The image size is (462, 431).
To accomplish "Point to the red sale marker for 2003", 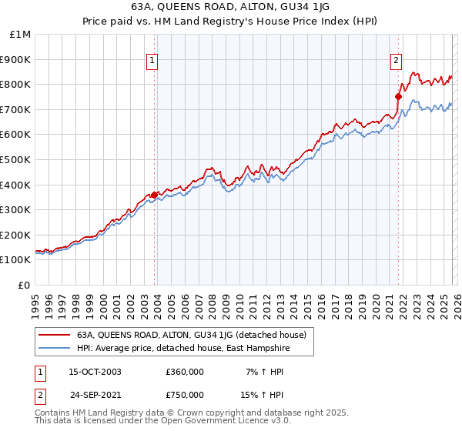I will pos(155,195).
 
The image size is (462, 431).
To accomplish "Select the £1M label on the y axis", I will pos(21,34).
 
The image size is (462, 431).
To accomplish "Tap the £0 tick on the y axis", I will pos(24,285).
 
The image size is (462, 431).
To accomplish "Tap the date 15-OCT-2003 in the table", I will pos(95,372).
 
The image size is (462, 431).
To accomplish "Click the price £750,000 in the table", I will pos(185,394).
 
